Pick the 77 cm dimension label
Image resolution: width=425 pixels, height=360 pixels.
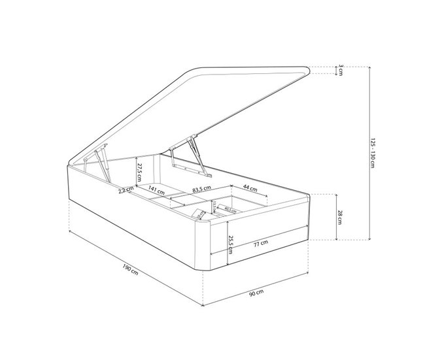coord(260,243)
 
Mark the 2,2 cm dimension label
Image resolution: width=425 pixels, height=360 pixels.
coord(126,191)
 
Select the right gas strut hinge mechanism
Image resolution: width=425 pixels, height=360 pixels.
coord(191,154)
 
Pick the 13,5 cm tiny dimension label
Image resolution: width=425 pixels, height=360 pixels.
coord(213,206)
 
